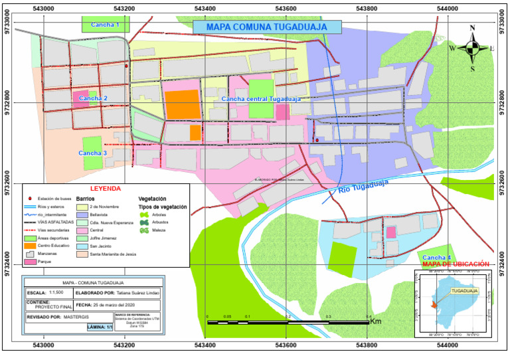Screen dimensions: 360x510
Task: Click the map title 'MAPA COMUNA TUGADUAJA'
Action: pos(266,27)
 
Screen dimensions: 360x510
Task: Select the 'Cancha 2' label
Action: pos(93,98)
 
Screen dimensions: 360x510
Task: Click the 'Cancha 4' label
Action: pos(436,257)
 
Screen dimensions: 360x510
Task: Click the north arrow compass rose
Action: pos(473,48)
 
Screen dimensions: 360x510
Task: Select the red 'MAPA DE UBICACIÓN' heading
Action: pos(456,264)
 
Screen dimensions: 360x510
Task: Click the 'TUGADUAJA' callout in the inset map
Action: pos(466,291)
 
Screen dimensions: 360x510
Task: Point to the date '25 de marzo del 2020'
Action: pos(124,305)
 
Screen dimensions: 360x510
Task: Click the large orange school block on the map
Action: pos(182,105)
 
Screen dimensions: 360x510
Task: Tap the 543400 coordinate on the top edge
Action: pos(205,8)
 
